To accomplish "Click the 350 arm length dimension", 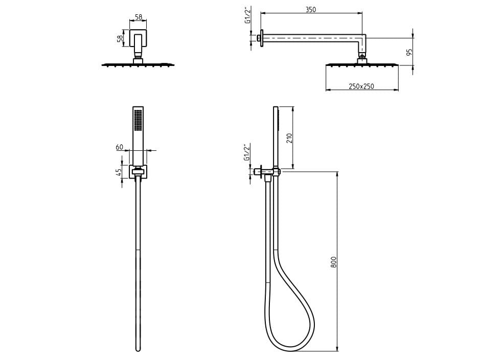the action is [x=310, y=10].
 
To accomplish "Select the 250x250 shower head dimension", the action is [x=361, y=86].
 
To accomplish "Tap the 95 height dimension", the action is [x=409, y=52].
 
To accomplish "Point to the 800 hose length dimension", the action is [x=333, y=262].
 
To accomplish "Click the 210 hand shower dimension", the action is [x=290, y=138].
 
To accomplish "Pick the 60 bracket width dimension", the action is [x=120, y=147].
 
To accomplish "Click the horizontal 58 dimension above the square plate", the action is [x=139, y=17].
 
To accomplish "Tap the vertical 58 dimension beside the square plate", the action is [x=120, y=38].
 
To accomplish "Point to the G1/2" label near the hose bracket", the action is [x=247, y=152].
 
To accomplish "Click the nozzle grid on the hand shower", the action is [x=139, y=121].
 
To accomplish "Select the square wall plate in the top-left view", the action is [x=139, y=38].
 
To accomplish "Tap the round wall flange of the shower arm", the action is [x=262, y=38].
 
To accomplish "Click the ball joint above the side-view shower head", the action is [x=362, y=56].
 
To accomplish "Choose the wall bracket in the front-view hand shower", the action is [x=139, y=172].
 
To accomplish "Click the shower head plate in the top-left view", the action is [x=138, y=64].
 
